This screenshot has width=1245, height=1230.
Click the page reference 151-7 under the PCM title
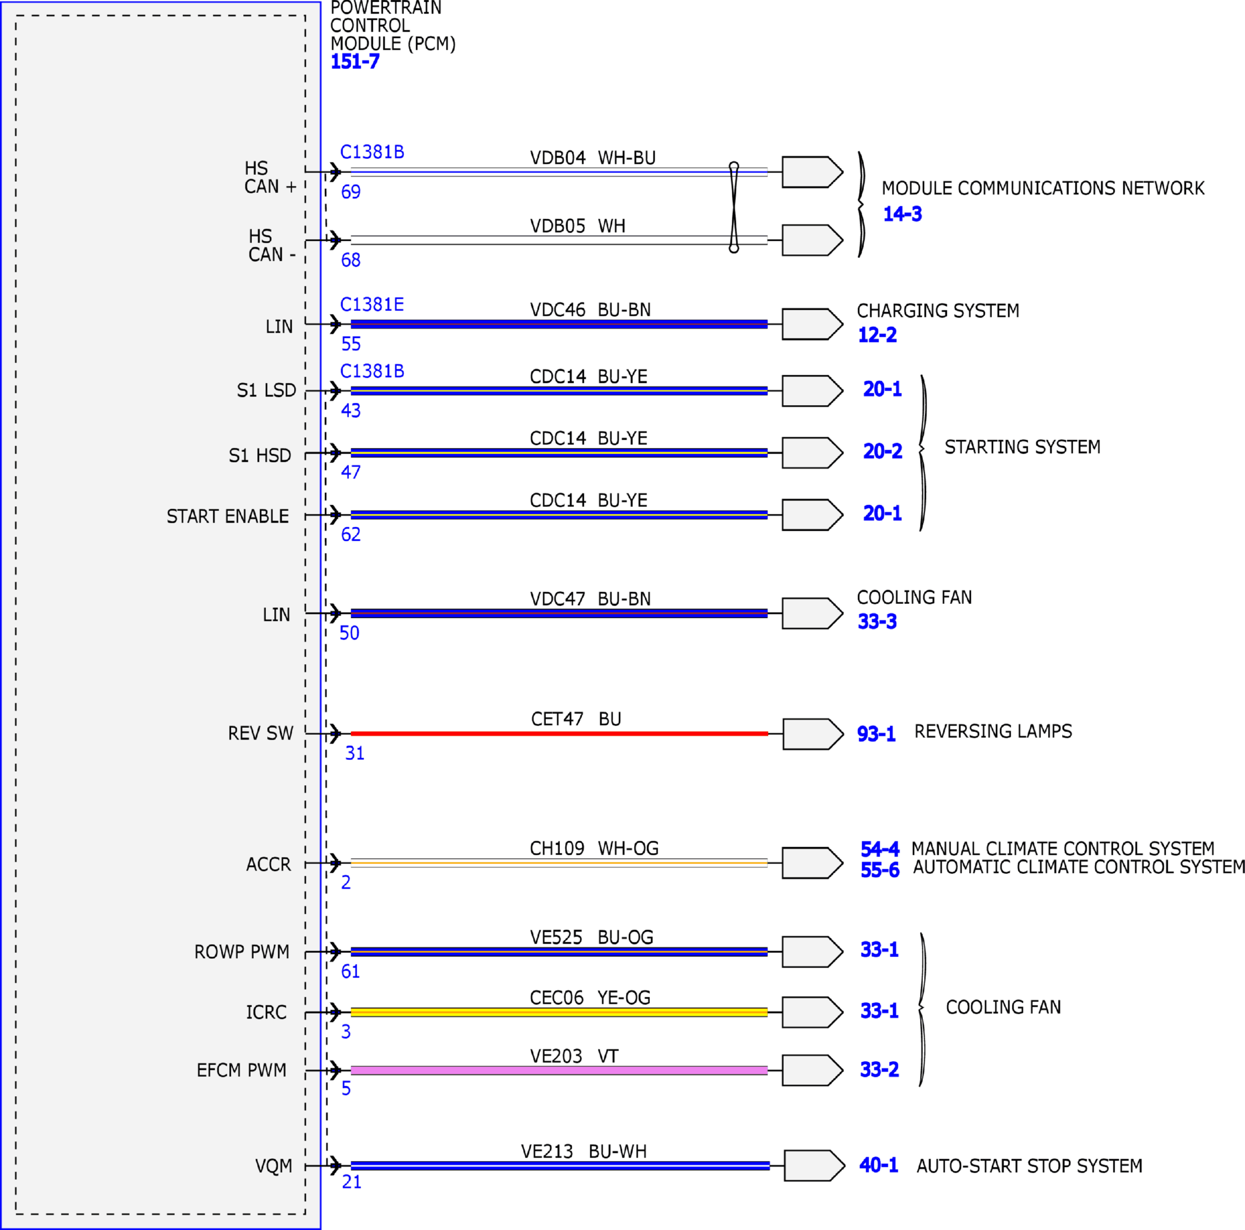pyautogui.click(x=355, y=62)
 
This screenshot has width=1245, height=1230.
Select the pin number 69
pyautogui.click(x=351, y=192)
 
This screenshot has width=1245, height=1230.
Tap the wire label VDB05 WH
pyautogui.click(x=577, y=226)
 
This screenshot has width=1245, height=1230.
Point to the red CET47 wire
pyautogui.click(x=559, y=734)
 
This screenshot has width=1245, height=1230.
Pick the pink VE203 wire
pyautogui.click(x=559, y=1071)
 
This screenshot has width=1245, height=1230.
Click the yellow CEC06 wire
pyautogui.click(x=559, y=1012)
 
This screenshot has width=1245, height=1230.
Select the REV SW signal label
pyautogui.click(x=260, y=733)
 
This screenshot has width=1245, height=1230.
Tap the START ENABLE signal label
pyautogui.click(x=227, y=516)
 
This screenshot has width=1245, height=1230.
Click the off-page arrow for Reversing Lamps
pyautogui.click(x=813, y=734)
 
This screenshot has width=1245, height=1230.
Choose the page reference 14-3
pyautogui.click(x=902, y=214)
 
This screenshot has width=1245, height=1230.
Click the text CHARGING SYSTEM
pyautogui.click(x=938, y=311)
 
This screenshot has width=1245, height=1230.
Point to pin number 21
pyautogui.click(x=352, y=1181)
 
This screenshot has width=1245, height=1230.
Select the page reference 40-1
pyautogui.click(x=879, y=1165)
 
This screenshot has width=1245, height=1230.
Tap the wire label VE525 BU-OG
pyautogui.click(x=592, y=937)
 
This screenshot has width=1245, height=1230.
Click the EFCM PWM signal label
pyautogui.click(x=241, y=1070)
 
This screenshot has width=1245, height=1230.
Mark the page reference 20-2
pyautogui.click(x=883, y=451)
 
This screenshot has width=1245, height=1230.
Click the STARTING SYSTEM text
pyautogui.click(x=1023, y=447)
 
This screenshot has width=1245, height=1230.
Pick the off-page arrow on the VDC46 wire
pyautogui.click(x=812, y=324)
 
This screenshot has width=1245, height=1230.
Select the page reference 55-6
pyautogui.click(x=880, y=870)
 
